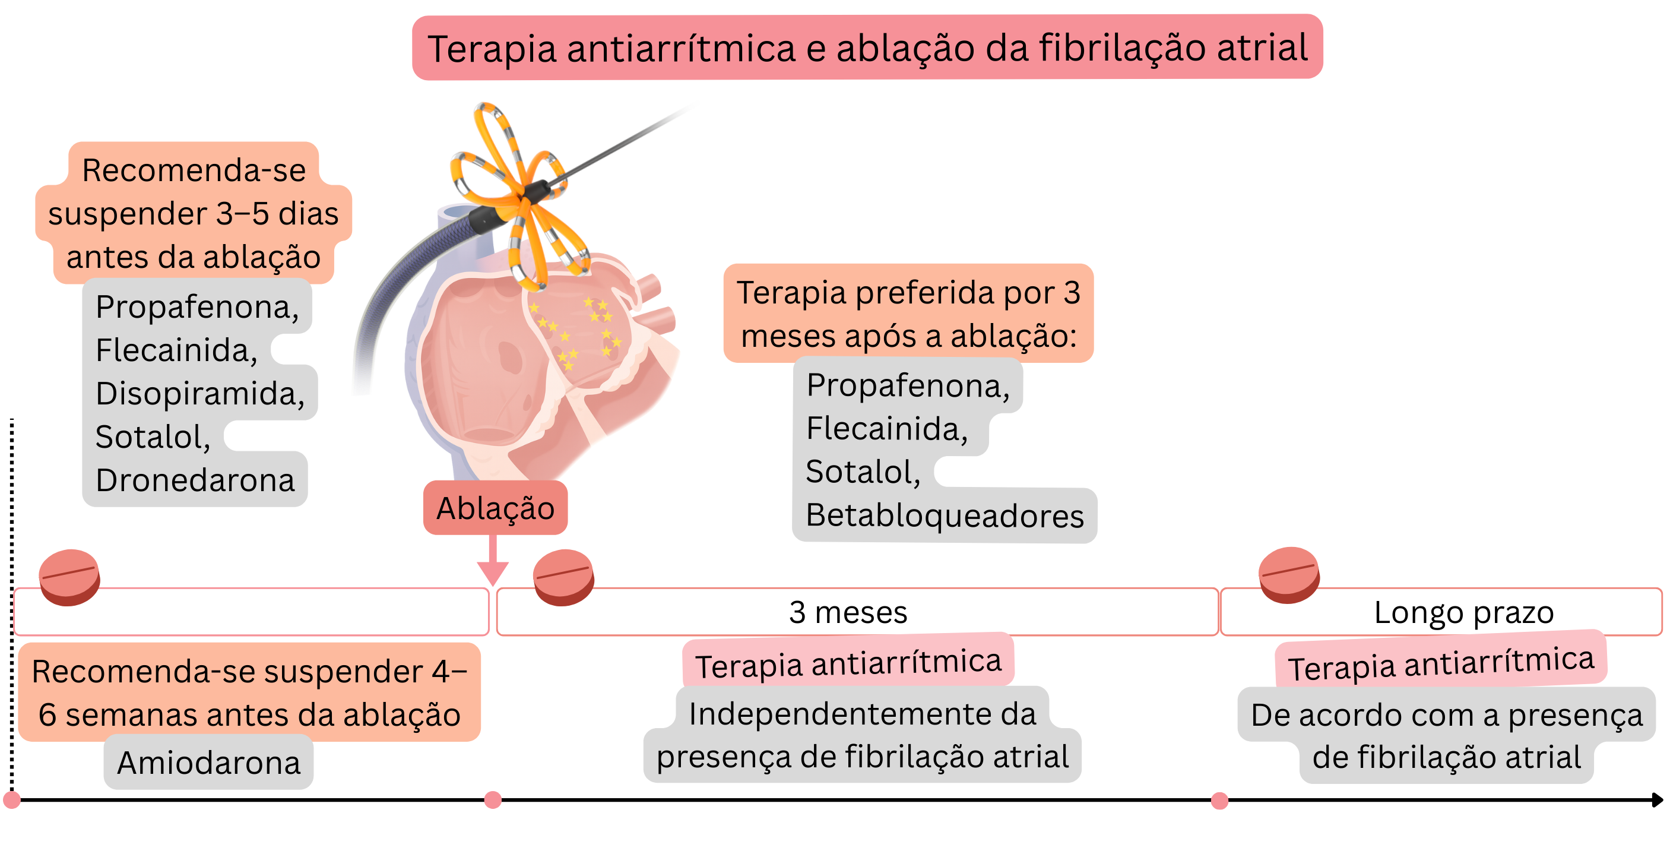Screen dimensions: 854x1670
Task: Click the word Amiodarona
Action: [208, 763]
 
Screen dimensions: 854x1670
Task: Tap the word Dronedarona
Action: [195, 480]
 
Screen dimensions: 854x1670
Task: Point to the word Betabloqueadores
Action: [944, 515]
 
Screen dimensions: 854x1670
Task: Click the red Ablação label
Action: [495, 508]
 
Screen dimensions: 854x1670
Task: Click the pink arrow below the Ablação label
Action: [493, 563]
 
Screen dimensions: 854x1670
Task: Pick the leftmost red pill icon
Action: [69, 577]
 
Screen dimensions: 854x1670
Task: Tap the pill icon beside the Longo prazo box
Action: [1289, 574]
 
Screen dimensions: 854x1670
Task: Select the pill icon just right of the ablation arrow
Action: [563, 577]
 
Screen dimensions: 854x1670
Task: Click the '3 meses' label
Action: [848, 612]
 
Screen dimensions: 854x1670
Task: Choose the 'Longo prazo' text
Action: [1463, 612]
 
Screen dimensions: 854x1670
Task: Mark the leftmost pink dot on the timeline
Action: [12, 800]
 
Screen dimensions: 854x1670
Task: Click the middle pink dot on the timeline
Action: [493, 800]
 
